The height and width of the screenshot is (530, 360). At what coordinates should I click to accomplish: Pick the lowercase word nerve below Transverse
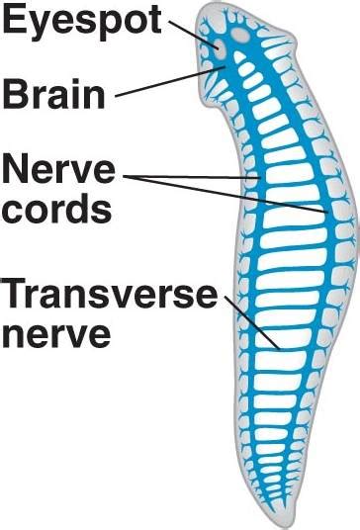pyautogui.click(x=54, y=332)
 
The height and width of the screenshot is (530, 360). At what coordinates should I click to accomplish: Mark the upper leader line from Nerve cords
pyautogui.click(x=193, y=177)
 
